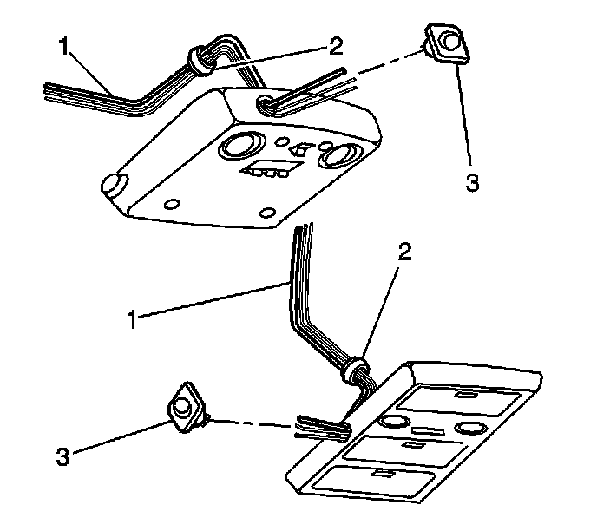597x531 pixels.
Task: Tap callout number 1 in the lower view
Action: (x=133, y=318)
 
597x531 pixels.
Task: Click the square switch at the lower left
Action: (x=185, y=405)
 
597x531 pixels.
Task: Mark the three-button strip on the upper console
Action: (x=267, y=170)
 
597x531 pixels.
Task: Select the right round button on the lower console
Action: (x=469, y=428)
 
